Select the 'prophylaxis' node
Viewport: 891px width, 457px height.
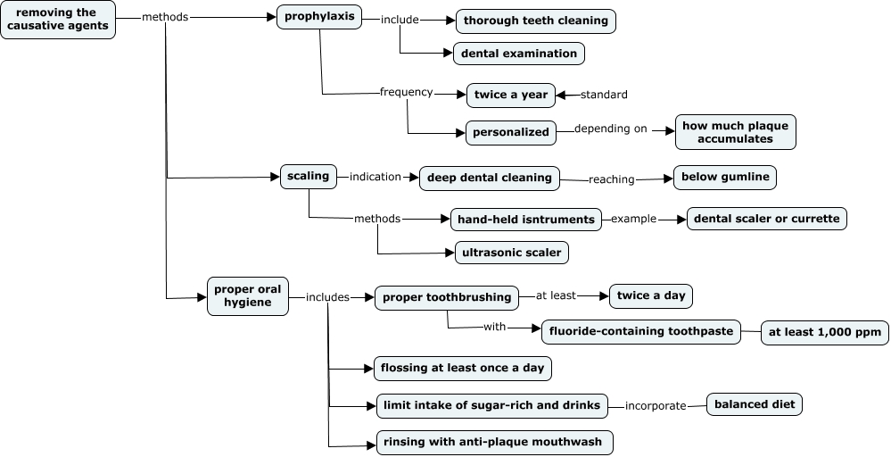click(319, 17)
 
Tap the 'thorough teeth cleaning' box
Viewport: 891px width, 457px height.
click(535, 21)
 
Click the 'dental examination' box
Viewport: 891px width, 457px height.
click(519, 54)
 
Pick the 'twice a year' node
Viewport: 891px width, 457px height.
click(511, 95)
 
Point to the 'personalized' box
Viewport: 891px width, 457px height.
click(511, 131)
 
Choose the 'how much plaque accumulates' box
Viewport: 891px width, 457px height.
click(735, 132)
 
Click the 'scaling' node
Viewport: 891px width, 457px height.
click(308, 176)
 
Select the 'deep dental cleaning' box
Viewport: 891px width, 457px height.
click(489, 178)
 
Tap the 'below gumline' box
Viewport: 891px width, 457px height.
click(724, 178)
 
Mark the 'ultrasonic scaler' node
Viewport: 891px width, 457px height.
click(511, 253)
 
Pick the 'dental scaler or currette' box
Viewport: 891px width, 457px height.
click(765, 219)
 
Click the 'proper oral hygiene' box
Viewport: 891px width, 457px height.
click(248, 295)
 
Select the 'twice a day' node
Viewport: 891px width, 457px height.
click(650, 295)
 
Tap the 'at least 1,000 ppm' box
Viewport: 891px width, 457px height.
click(824, 333)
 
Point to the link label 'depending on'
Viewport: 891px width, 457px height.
click(610, 129)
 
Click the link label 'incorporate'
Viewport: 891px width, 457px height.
click(656, 406)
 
